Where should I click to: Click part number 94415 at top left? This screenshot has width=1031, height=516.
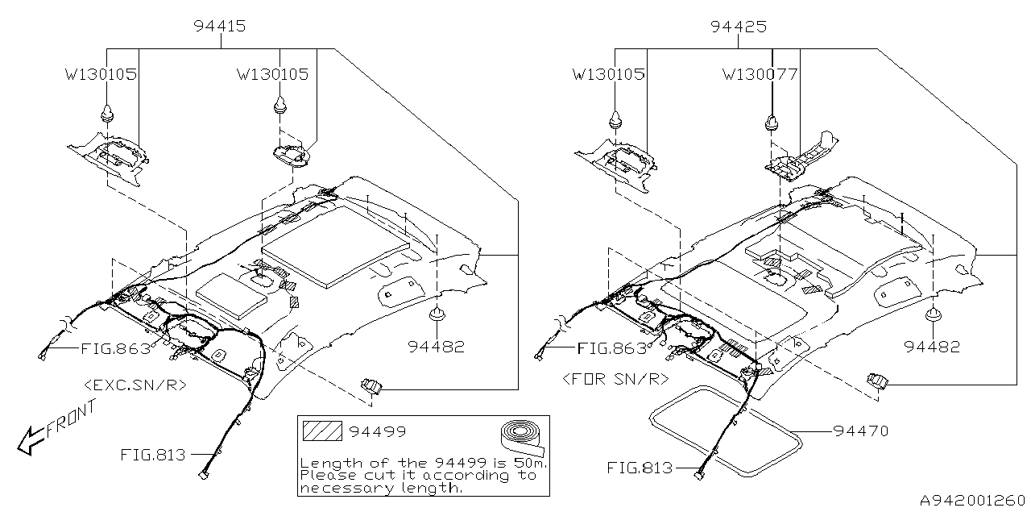pos(220,27)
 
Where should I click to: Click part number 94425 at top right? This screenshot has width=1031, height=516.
pos(738,27)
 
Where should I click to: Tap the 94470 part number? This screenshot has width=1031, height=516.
pos(861,431)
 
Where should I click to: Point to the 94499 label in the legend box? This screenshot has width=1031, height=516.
pos(377,432)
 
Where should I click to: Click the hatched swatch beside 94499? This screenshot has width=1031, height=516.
pos(321,431)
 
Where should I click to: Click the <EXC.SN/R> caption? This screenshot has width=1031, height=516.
pos(135,385)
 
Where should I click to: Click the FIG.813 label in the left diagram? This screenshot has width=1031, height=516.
pos(153,455)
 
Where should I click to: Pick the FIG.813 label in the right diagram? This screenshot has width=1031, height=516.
pos(640,468)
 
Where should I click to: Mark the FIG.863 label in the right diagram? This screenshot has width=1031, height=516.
pos(612,348)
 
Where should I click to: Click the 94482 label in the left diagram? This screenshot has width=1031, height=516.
pos(436,347)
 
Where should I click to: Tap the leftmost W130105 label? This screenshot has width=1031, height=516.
pos(101,75)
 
